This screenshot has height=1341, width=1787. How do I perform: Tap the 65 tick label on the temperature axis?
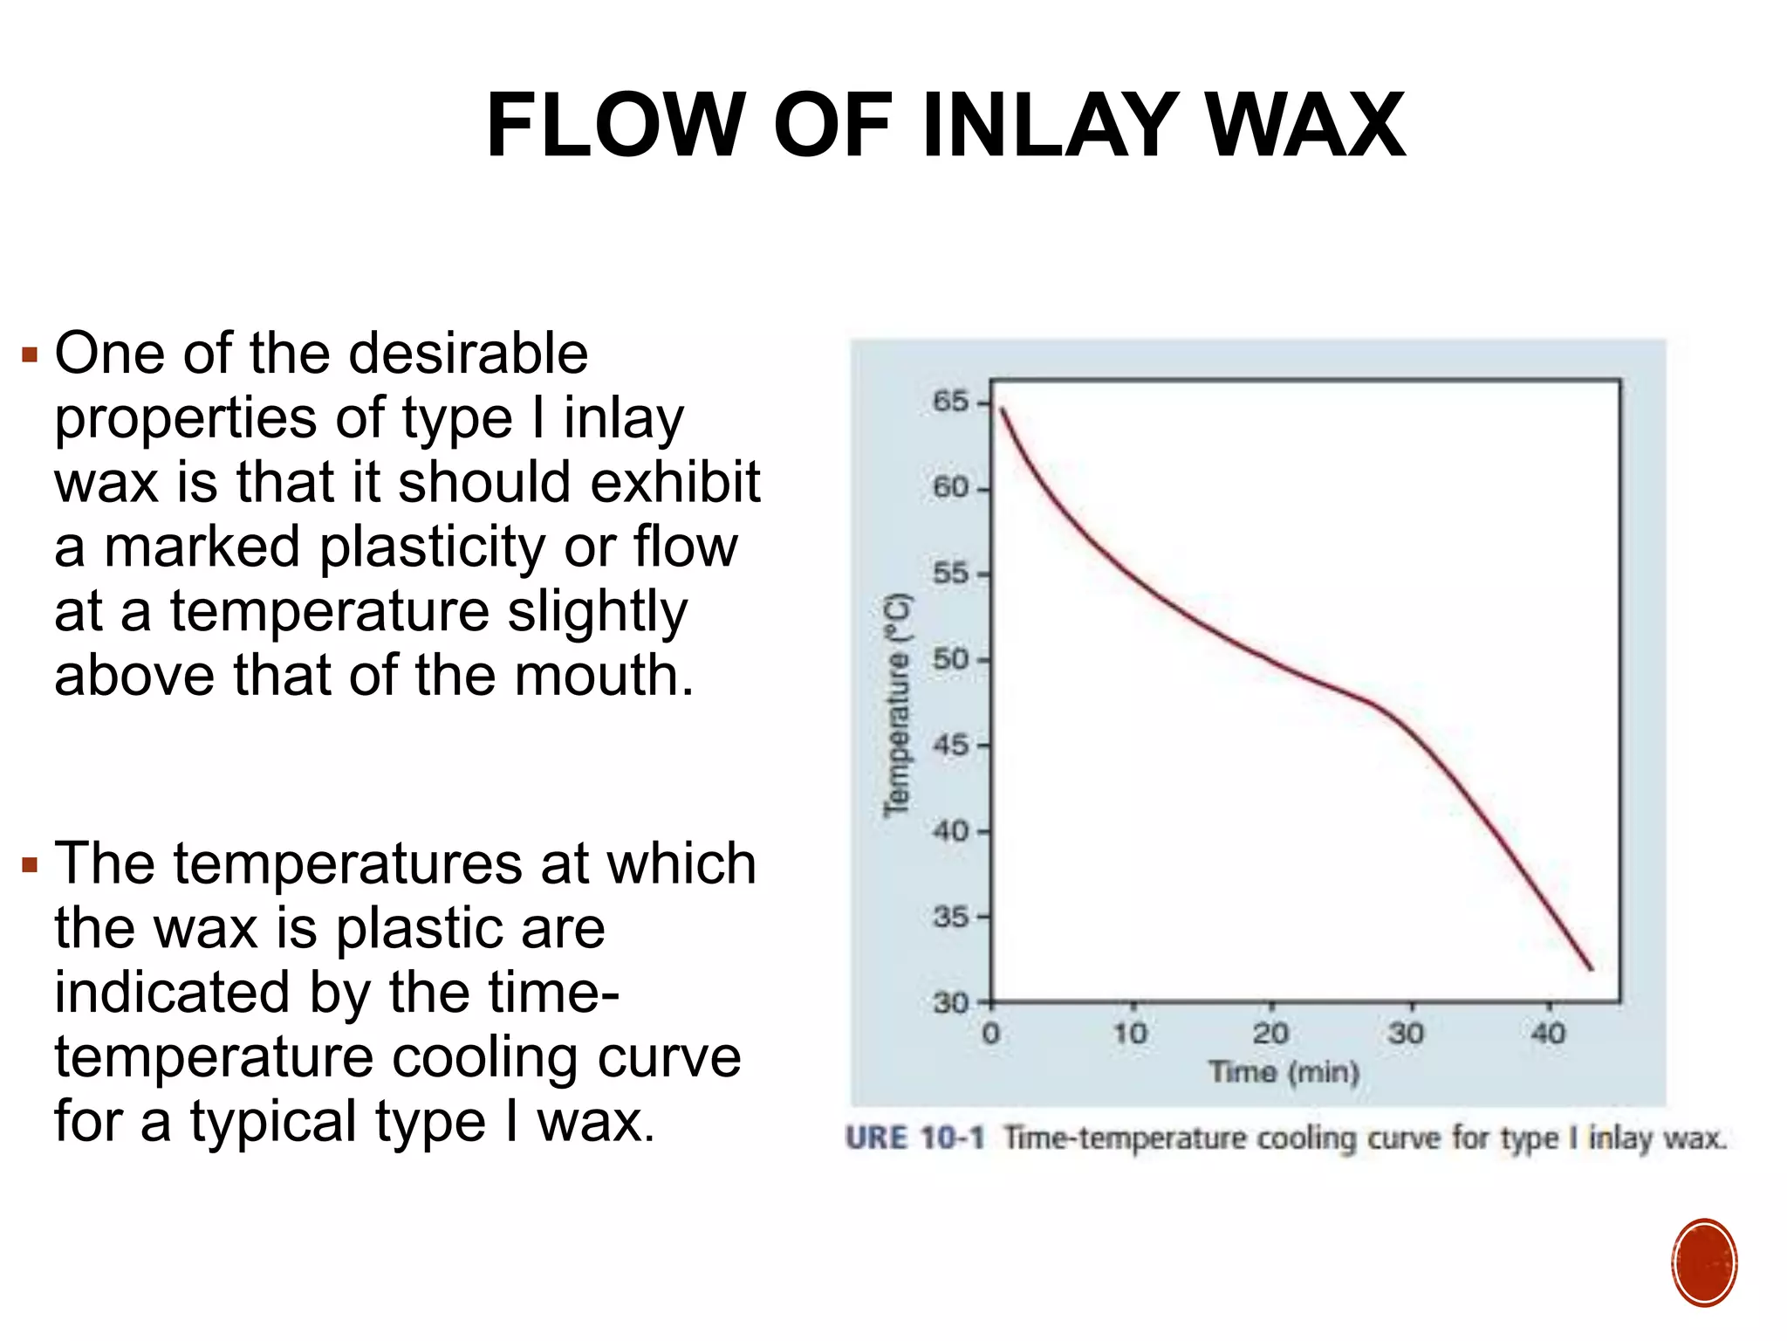click(x=950, y=402)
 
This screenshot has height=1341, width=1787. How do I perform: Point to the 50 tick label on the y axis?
click(x=950, y=659)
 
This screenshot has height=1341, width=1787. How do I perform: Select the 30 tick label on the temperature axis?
click(x=950, y=1002)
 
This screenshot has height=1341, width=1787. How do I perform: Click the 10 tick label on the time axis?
click(x=1131, y=1035)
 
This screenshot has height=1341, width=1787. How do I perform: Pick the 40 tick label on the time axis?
click(x=1549, y=1035)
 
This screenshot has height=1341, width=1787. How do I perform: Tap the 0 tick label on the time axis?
click(x=991, y=1035)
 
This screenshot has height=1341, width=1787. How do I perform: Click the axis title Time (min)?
click(x=1284, y=1071)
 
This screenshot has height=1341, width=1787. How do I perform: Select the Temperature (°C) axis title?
click(x=897, y=705)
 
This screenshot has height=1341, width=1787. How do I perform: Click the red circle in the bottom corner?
click(x=1704, y=1262)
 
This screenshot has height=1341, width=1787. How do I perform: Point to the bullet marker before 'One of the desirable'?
click(x=31, y=355)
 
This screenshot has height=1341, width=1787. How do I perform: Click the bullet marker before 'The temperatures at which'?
click(x=31, y=866)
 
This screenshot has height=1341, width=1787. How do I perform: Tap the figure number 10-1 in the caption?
click(x=952, y=1138)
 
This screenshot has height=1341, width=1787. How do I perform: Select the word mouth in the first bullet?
click(x=603, y=677)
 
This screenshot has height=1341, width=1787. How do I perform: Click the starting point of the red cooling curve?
click(x=1002, y=409)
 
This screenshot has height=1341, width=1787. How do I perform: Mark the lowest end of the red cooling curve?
click(x=1592, y=969)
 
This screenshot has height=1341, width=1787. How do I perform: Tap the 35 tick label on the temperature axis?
click(x=950, y=917)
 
